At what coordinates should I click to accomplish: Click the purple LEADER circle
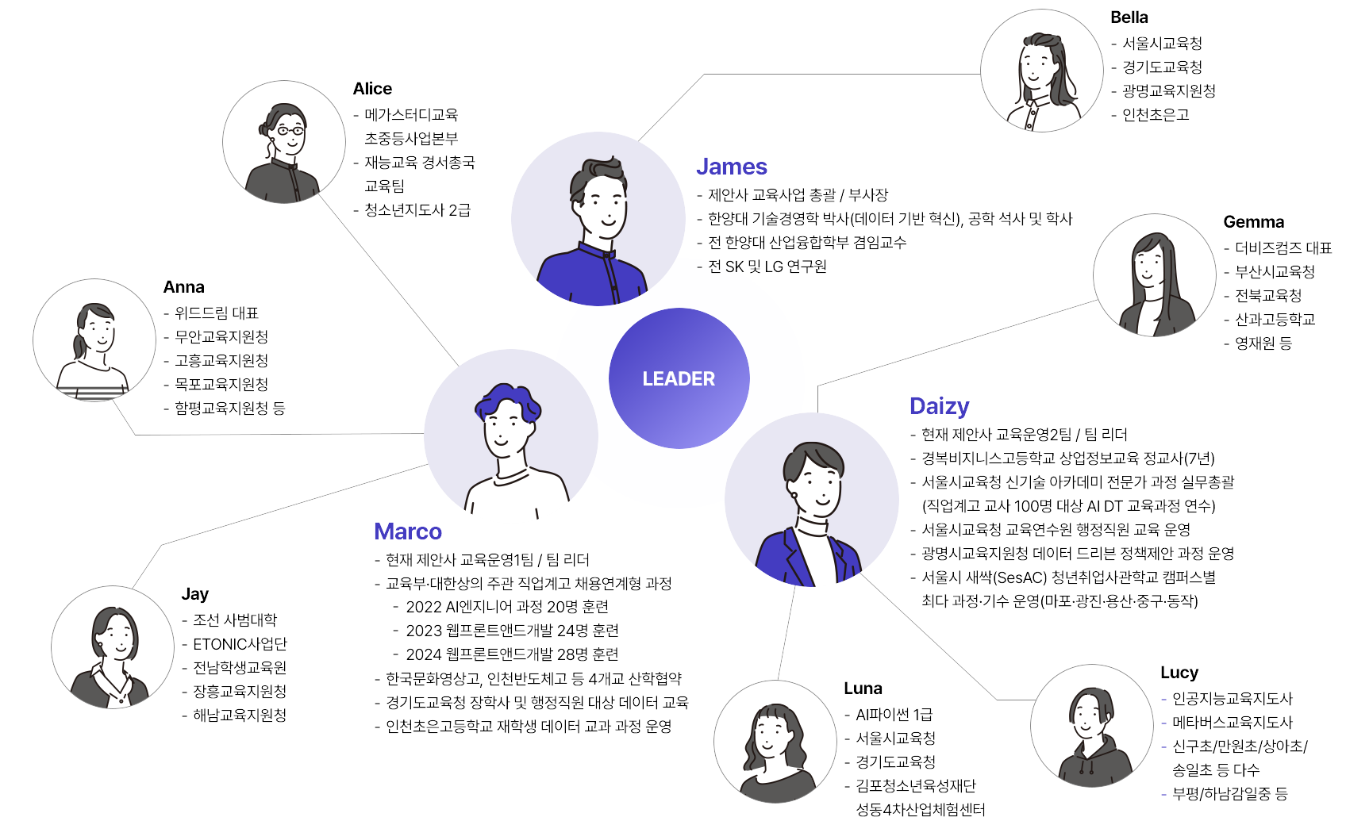679,378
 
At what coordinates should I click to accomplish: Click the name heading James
731,167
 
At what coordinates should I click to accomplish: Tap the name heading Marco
407,531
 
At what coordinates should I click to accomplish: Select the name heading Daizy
939,407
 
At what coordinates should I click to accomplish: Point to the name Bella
1129,17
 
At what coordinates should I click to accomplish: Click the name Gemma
1253,222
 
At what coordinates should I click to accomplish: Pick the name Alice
372,89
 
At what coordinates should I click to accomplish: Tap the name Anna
184,287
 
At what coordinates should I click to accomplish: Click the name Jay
194,595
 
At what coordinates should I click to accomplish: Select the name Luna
863,689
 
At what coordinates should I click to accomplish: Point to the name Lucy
1179,673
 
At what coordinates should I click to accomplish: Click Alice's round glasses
290,130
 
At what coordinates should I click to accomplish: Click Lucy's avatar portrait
1092,726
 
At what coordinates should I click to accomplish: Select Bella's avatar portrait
1042,71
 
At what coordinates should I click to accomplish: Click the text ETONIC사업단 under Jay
240,644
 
